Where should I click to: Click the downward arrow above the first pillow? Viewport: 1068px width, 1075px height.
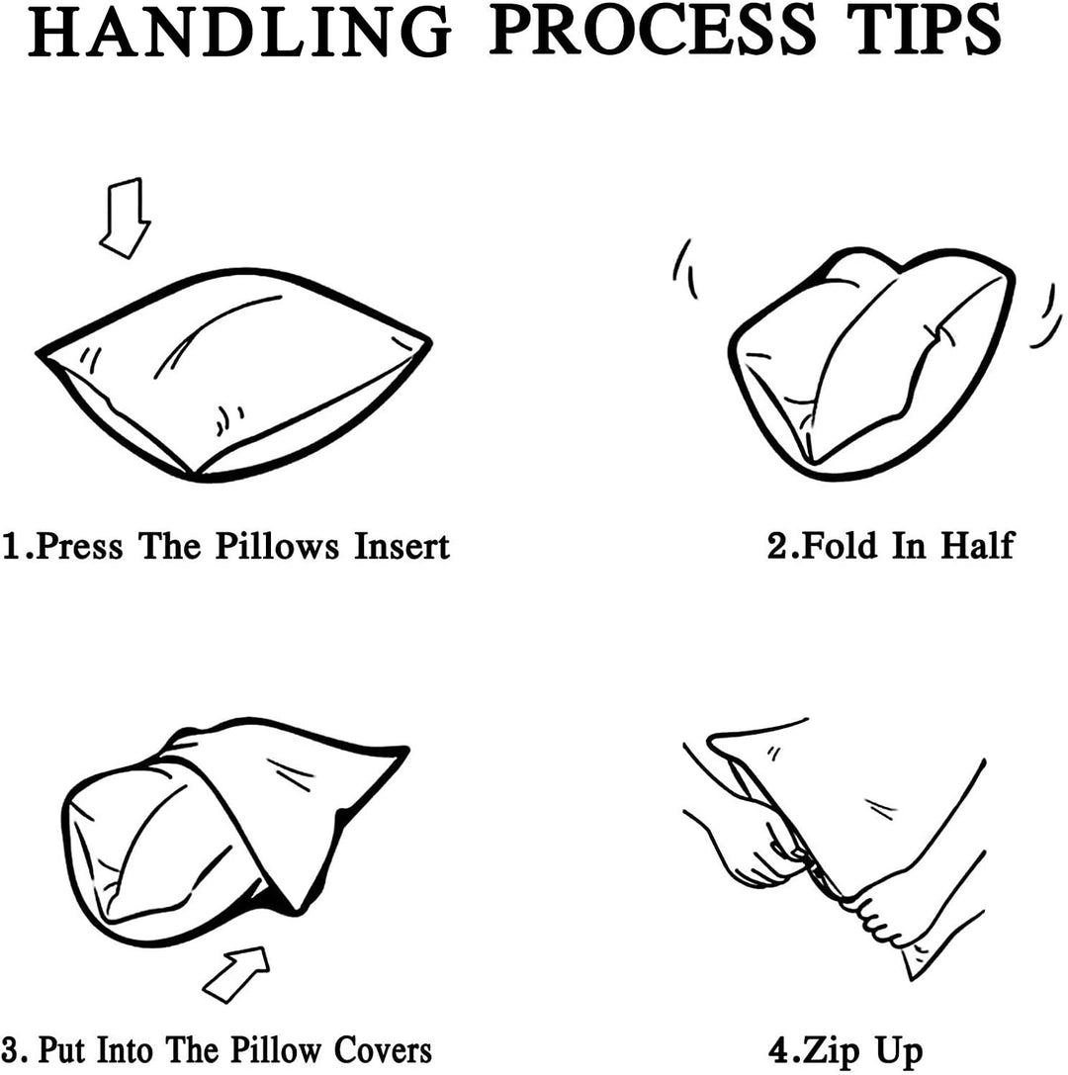[x=125, y=218]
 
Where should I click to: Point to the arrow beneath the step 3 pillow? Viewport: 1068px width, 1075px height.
[x=236, y=974]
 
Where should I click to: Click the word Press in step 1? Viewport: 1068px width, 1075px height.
[x=79, y=547]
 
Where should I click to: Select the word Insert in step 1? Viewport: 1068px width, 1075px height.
[x=401, y=547]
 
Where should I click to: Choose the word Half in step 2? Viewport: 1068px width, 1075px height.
[x=977, y=546]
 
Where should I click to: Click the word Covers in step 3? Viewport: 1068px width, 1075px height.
[x=383, y=1050]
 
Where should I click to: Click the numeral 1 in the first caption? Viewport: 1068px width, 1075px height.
[x=12, y=547]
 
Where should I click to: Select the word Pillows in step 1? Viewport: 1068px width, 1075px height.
[x=277, y=547]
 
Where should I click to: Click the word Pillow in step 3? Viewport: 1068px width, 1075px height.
[x=275, y=1050]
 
